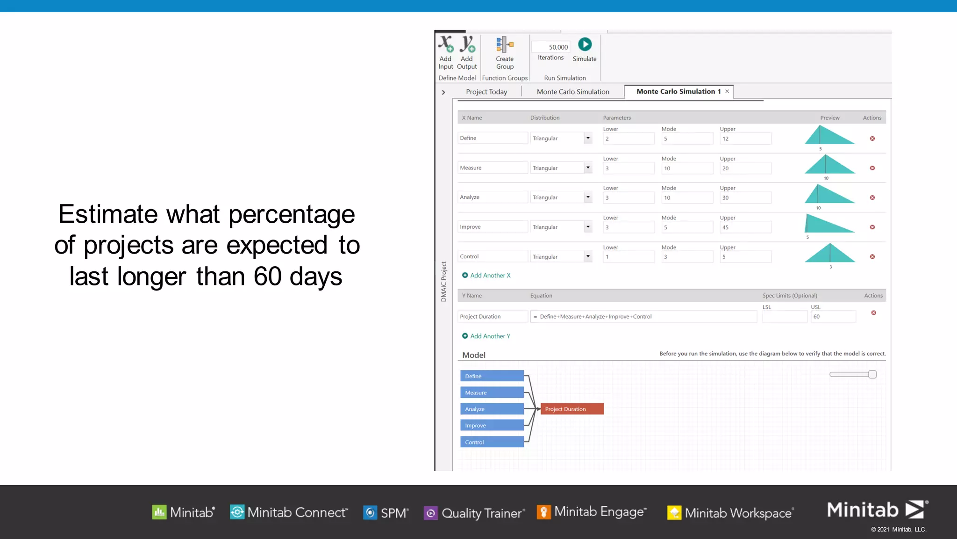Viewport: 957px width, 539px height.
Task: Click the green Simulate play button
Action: tap(585, 44)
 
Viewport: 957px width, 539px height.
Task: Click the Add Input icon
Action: tap(446, 44)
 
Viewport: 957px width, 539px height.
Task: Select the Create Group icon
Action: tap(505, 44)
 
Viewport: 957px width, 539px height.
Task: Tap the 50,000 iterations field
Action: tap(551, 47)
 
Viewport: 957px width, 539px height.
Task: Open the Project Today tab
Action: tap(486, 92)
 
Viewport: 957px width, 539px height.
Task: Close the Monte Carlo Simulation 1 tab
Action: tap(727, 91)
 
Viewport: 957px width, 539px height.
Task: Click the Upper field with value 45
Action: tap(745, 227)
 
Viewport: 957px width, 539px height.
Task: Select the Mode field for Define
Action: tap(686, 138)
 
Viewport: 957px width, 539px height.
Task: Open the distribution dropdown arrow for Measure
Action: tap(588, 168)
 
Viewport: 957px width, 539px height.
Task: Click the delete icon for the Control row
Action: tap(872, 257)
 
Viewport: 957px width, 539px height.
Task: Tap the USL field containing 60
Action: tap(833, 317)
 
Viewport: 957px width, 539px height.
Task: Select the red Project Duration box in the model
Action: tap(571, 409)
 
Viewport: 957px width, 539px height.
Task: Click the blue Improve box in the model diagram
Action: tap(492, 425)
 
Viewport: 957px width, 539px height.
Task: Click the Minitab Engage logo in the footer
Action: tap(593, 512)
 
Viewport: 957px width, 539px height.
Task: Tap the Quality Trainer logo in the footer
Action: tap(474, 513)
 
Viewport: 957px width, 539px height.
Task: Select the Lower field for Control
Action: tap(628, 257)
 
